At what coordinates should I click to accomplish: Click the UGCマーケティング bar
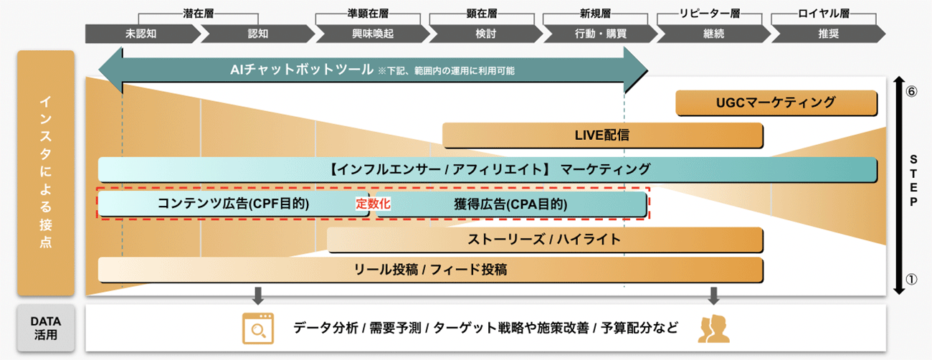[x=776, y=103]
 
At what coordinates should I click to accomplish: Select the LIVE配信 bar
[x=602, y=134]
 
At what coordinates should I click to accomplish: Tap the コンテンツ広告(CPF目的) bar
[x=233, y=204]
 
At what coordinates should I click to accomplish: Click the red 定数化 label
[x=373, y=204]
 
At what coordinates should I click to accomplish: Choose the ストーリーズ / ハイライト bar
[x=544, y=240]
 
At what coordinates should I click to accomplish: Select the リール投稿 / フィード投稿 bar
[x=430, y=270]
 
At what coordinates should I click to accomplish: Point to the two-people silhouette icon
[x=713, y=328]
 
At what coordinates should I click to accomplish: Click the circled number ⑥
[x=912, y=91]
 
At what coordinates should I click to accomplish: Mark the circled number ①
[x=912, y=280]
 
